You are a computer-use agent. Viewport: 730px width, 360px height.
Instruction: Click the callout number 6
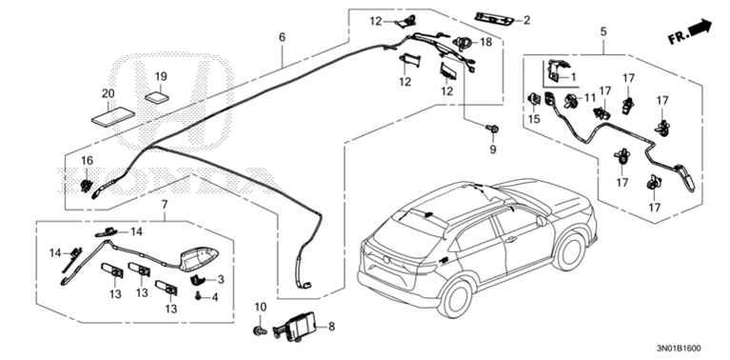[282, 37]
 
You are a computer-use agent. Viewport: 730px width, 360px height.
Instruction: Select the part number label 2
[526, 20]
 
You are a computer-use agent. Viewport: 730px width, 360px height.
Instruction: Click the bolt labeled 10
[259, 330]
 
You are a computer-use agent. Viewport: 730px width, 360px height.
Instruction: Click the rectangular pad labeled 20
[113, 116]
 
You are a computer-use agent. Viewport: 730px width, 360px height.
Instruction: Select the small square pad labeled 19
[157, 98]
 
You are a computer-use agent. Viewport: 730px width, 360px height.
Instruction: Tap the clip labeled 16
[86, 186]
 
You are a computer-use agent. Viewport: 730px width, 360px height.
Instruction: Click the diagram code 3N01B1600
[679, 348]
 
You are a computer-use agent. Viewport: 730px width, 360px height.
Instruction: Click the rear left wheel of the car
[455, 298]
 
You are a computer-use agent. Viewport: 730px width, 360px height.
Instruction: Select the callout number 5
[603, 31]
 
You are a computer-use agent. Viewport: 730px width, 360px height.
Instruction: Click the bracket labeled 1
[557, 71]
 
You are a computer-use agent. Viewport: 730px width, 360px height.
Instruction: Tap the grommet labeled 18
[462, 43]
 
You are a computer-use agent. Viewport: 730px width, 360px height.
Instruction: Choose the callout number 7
[164, 204]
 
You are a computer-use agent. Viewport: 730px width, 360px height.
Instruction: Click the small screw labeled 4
[199, 294]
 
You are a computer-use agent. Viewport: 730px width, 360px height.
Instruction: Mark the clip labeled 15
[534, 99]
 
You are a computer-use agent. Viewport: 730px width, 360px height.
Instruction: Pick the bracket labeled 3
[198, 279]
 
